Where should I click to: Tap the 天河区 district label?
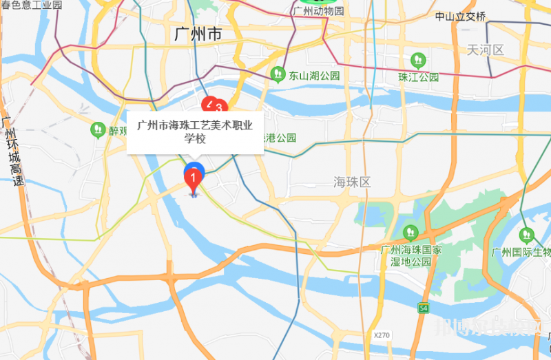point(486,50)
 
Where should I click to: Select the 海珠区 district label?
point(352,182)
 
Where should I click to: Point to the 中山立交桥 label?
point(461,16)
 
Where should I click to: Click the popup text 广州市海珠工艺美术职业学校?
point(196,131)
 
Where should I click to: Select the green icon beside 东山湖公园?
point(277,72)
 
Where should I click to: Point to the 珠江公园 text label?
point(418,77)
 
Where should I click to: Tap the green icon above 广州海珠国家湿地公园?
point(410,232)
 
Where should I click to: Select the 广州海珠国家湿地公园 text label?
point(410,255)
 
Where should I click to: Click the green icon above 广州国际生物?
point(527,234)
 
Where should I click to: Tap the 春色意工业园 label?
point(32,6)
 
